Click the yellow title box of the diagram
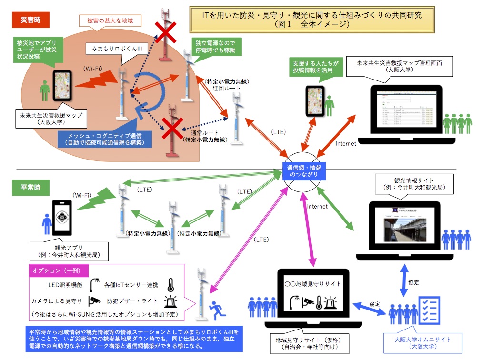pos(312,20)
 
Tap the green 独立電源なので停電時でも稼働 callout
pos(215,46)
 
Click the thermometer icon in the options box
pos(170,285)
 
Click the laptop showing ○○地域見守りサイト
pos(313,297)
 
